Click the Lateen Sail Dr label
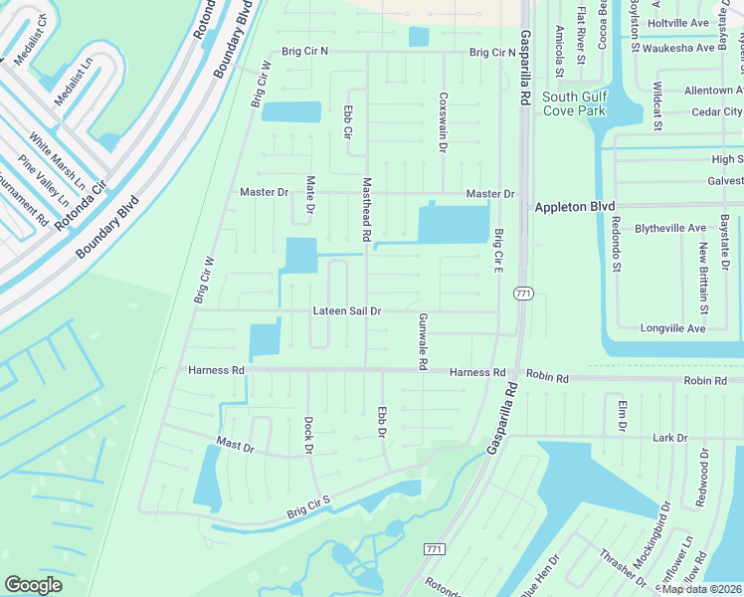coord(347,310)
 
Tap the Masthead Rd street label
coord(367,210)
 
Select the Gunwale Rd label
coord(423,341)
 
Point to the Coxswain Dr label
coord(443,122)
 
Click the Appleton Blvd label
coord(576,206)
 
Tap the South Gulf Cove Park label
coord(573,103)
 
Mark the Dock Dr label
coord(308,436)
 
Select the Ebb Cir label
coord(348,123)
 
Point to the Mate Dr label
coord(310,195)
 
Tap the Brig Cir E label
coord(498,251)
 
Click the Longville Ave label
coord(673,328)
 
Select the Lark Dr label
coord(669,438)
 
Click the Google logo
coord(33,584)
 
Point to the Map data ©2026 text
coord(701,589)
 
